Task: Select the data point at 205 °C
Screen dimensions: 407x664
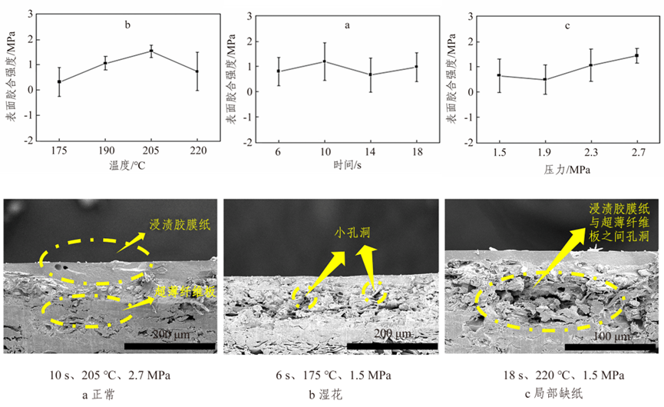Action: point(151,51)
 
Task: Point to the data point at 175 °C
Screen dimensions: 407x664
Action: point(59,81)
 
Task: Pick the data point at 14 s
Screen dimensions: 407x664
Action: point(371,74)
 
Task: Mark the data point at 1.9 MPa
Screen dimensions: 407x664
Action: point(545,79)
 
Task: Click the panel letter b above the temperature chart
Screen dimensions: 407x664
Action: point(128,25)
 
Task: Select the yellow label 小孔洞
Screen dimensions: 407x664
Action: point(352,231)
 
